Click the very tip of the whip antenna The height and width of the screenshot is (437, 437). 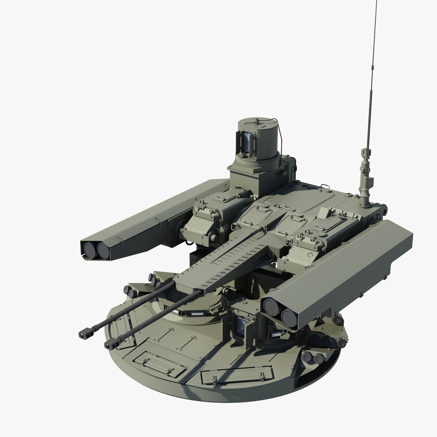point(377,2)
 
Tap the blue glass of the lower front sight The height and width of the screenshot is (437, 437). point(242,326)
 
